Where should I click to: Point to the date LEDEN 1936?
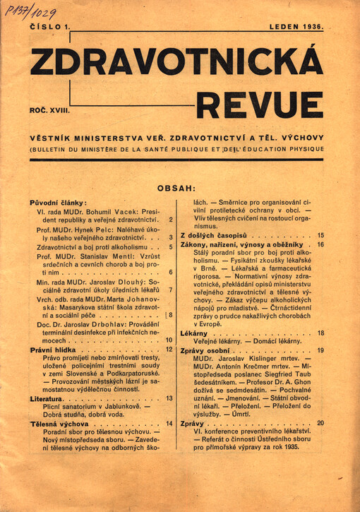point(296,27)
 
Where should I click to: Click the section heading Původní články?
point(57,203)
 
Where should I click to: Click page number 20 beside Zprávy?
point(320,423)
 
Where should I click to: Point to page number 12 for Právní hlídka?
point(169,349)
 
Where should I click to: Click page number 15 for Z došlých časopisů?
point(320,235)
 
